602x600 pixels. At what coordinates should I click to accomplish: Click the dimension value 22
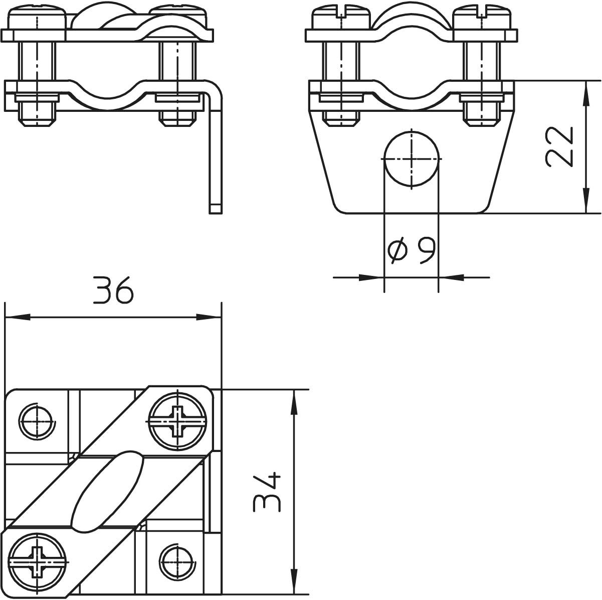(559, 146)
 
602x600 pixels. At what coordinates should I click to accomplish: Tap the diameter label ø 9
(411, 250)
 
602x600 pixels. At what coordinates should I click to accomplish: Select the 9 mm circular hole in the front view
(412, 159)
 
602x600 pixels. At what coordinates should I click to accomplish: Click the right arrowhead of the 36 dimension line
(209, 317)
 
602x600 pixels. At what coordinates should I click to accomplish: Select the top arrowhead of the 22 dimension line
(586, 94)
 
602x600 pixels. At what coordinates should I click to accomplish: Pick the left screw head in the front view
(341, 19)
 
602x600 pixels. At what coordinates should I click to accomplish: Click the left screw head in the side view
(38, 19)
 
